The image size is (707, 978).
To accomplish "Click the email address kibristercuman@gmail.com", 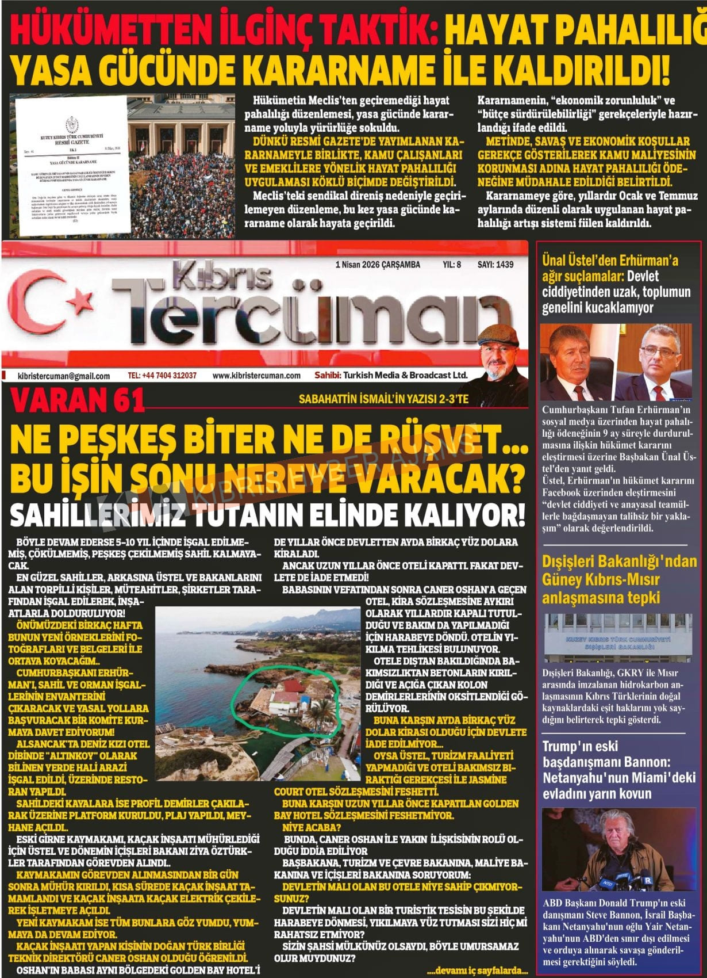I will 64,376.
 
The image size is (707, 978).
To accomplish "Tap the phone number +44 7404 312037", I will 162,376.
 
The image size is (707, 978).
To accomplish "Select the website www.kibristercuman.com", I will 256,376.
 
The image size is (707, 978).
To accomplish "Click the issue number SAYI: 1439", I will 495,265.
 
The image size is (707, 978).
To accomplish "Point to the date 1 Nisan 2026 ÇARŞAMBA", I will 377,265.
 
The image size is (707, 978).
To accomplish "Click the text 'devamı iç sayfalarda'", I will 477,970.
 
